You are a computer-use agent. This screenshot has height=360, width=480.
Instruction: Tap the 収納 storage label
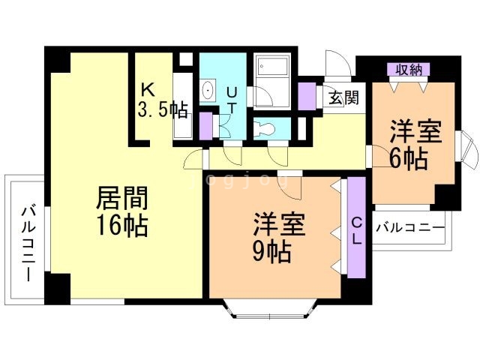(x=409, y=70)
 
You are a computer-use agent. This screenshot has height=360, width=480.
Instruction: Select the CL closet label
(x=357, y=230)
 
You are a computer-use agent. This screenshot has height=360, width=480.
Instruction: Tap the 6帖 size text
(x=409, y=159)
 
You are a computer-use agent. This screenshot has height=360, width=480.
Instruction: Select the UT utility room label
(x=232, y=100)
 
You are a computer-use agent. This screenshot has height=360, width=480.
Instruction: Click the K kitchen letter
(x=148, y=88)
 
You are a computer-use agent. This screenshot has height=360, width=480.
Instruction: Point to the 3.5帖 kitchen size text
(x=162, y=110)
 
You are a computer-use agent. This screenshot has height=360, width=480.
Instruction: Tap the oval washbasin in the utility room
(x=208, y=91)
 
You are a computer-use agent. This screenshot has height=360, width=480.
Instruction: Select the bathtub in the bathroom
(x=271, y=72)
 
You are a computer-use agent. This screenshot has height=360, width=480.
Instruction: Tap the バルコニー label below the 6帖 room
(x=409, y=226)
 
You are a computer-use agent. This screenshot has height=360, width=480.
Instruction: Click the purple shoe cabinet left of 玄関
(x=307, y=96)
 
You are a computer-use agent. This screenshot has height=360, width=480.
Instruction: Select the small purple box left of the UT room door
(x=206, y=125)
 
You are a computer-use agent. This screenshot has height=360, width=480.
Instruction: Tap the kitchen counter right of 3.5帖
(x=182, y=105)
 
